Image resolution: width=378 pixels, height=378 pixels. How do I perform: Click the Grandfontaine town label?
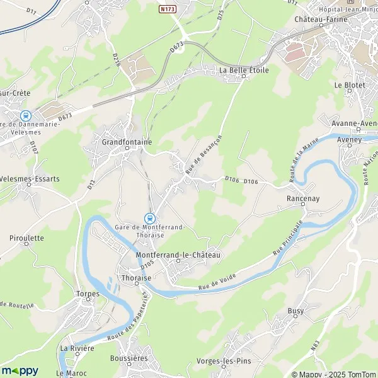(127, 142)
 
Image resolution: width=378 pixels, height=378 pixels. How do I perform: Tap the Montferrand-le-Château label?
(178, 255)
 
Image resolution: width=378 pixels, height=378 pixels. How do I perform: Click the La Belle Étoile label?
(243, 71)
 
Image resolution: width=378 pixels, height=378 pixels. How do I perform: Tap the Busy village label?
(295, 311)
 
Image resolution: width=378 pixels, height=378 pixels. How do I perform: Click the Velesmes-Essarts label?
(30, 179)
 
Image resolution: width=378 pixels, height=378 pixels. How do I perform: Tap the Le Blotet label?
(346, 84)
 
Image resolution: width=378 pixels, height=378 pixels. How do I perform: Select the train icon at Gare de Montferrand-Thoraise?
(149, 217)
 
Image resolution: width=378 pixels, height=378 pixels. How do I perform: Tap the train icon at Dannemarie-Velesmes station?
(26, 116)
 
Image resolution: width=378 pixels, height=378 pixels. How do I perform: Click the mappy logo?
(20, 370)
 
